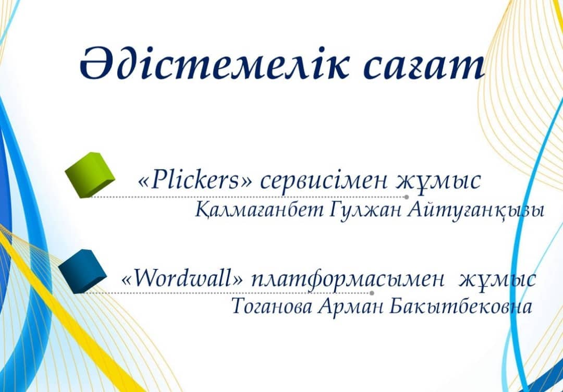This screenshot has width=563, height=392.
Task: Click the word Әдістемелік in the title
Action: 214,63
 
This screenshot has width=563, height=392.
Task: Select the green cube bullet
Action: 90,175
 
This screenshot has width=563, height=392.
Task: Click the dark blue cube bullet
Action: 82,271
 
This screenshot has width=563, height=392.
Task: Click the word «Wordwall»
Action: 182,278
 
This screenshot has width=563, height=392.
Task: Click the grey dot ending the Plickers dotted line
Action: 407,197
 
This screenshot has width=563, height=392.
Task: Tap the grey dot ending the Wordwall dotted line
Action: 372,293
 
